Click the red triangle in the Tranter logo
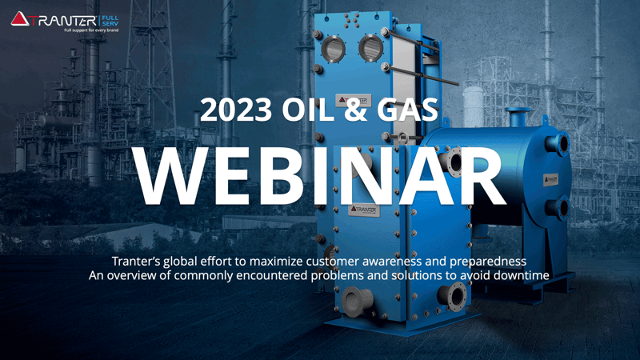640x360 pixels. (x=19, y=18)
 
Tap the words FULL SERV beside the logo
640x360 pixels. (x=110, y=21)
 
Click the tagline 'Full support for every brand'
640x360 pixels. (x=91, y=30)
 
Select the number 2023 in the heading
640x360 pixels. (x=236, y=110)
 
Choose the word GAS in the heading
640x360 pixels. (x=407, y=110)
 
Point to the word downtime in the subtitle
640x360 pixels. (x=522, y=275)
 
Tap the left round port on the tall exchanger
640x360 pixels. (x=334, y=49)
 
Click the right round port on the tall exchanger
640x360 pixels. (x=370, y=47)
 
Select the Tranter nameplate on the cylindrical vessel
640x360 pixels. (x=550, y=179)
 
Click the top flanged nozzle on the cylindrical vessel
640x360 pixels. (x=518, y=117)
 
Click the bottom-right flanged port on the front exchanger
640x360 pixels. (x=453, y=296)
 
